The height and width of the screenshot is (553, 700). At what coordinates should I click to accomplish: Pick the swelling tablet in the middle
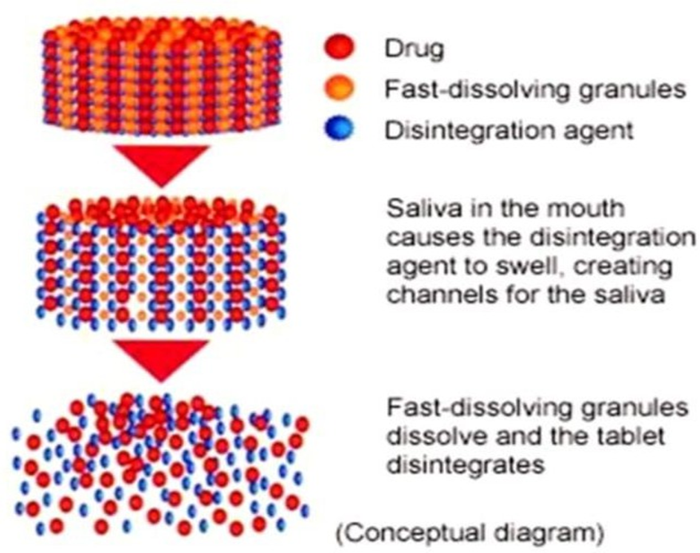(163, 263)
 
